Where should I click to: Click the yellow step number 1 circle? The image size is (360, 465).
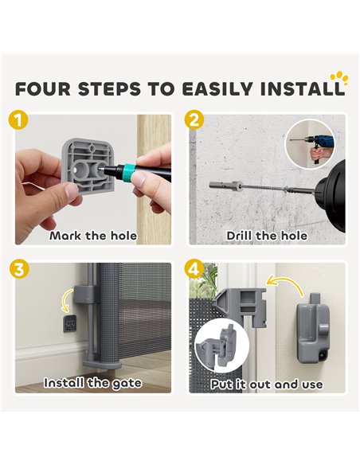pos(18,120)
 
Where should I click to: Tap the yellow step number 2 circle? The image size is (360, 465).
pos(194,120)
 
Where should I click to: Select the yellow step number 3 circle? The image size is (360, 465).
pos(18,269)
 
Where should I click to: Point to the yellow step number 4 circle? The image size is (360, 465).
pos(194,269)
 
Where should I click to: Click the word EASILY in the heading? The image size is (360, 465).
pos(217,88)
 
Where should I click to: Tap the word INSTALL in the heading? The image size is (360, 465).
pos(302,88)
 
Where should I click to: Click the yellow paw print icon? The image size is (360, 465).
pos(339,78)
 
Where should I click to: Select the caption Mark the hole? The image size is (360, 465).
pos(93,236)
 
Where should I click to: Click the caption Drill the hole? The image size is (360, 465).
pos(267,236)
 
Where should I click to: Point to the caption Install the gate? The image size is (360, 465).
pos(93,383)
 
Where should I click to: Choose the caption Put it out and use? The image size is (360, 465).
pos(267,385)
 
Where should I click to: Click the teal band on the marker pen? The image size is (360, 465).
pos(129,170)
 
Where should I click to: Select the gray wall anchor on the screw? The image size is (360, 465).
pos(225,186)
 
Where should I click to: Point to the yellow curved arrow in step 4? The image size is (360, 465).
pos(285,285)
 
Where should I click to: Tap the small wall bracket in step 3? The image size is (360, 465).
pos(69,323)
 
